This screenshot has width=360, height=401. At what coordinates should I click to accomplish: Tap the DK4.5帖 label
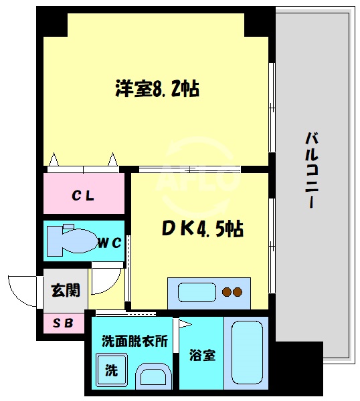tap(201, 229)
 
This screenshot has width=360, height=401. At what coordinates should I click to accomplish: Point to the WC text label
tap(110, 243)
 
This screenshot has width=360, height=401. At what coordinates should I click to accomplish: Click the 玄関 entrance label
tap(66, 290)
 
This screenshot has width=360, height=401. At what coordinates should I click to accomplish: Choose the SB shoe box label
tap(64, 323)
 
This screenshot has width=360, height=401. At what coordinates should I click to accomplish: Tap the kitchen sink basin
tap(196, 293)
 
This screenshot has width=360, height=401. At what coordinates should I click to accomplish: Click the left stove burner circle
tap(226, 292)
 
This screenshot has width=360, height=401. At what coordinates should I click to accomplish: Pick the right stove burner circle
tap(237, 292)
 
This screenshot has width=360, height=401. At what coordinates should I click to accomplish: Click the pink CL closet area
tap(84, 193)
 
